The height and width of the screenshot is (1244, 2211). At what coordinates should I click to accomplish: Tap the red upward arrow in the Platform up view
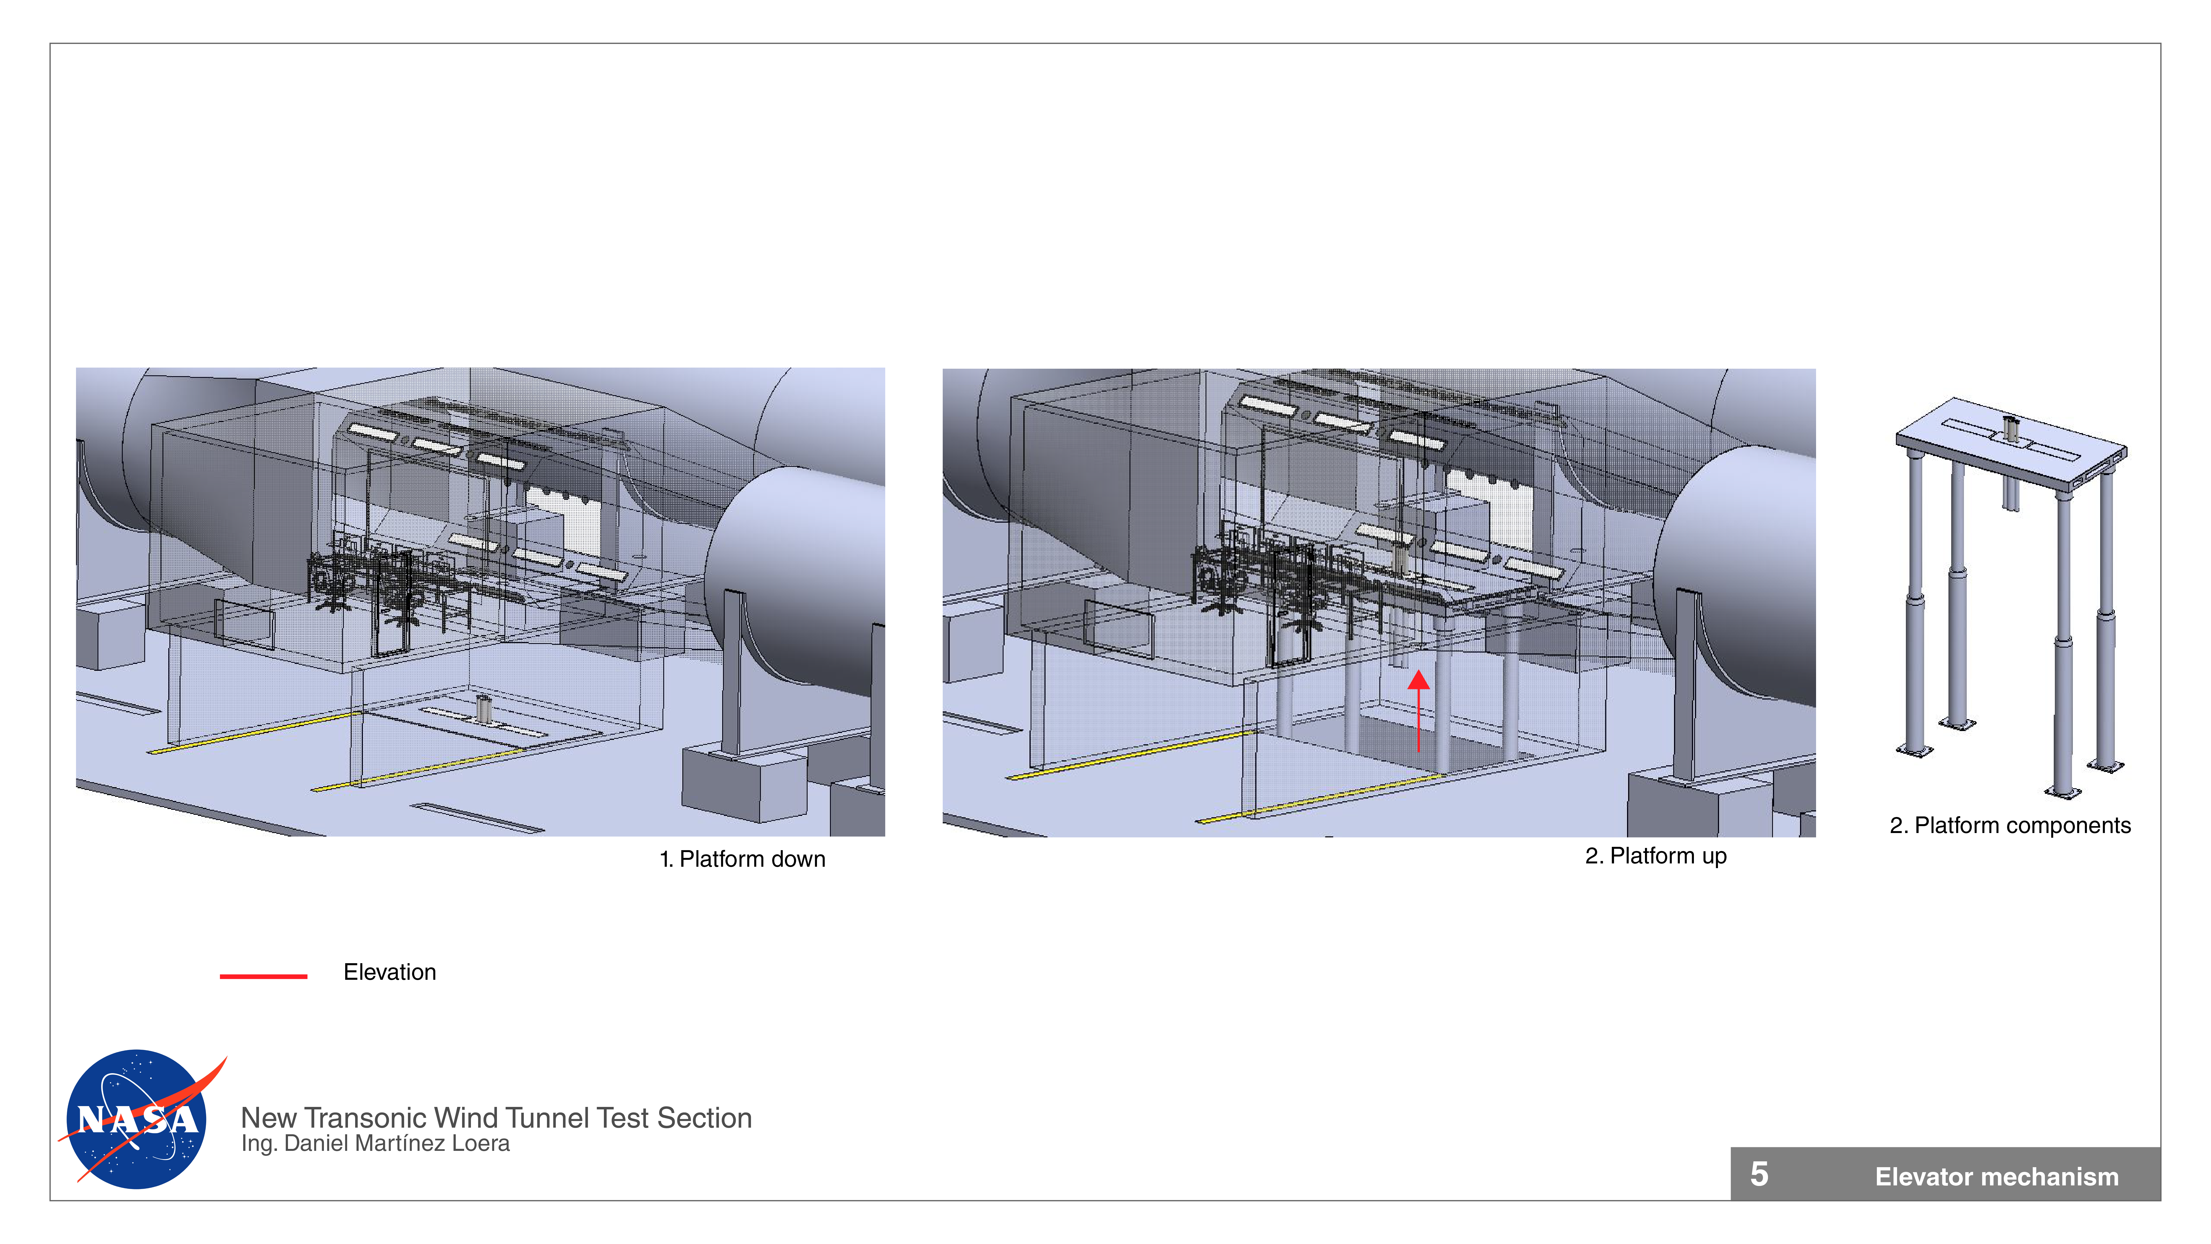(1419, 711)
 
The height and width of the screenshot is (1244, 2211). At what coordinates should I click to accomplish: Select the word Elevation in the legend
(390, 972)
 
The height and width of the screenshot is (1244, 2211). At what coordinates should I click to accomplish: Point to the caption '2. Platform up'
(1656, 856)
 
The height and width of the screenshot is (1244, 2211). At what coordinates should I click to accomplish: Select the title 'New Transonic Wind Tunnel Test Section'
(496, 1118)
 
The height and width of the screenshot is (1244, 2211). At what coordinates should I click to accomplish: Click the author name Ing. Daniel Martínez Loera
(375, 1144)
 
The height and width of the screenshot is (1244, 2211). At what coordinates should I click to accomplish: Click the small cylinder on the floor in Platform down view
(484, 709)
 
